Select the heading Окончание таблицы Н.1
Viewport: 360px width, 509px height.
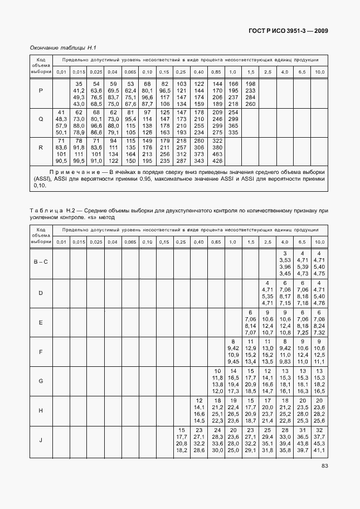[x=63, y=49]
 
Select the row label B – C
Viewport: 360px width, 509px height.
[x=41, y=263]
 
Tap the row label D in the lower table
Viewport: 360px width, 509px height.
[x=41, y=292]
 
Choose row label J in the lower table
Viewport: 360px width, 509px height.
[x=41, y=440]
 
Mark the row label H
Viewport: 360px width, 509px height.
[x=41, y=411]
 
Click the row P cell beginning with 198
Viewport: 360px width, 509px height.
[x=250, y=94]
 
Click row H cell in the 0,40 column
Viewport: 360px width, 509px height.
[x=198, y=411]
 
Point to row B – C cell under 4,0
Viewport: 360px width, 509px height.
[x=284, y=263]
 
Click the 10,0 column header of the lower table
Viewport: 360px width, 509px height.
[x=319, y=241]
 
